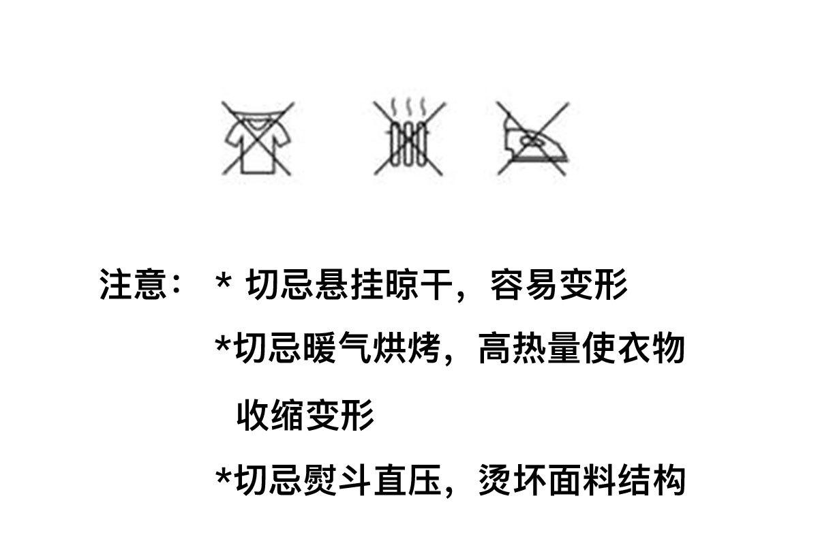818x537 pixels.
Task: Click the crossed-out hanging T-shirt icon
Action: tap(258, 138)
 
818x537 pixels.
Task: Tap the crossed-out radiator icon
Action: tap(409, 137)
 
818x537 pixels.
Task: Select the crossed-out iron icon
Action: tap(533, 138)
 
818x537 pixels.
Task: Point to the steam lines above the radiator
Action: tap(408, 106)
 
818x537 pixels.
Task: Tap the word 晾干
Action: tap(419, 285)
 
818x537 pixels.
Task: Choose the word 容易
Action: tap(524, 285)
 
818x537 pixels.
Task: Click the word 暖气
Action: tap(337, 349)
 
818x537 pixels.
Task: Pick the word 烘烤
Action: tap(406, 349)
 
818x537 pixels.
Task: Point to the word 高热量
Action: tap(530, 349)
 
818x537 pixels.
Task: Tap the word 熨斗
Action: tap(337, 480)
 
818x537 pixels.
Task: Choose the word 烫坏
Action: tap(512, 480)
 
